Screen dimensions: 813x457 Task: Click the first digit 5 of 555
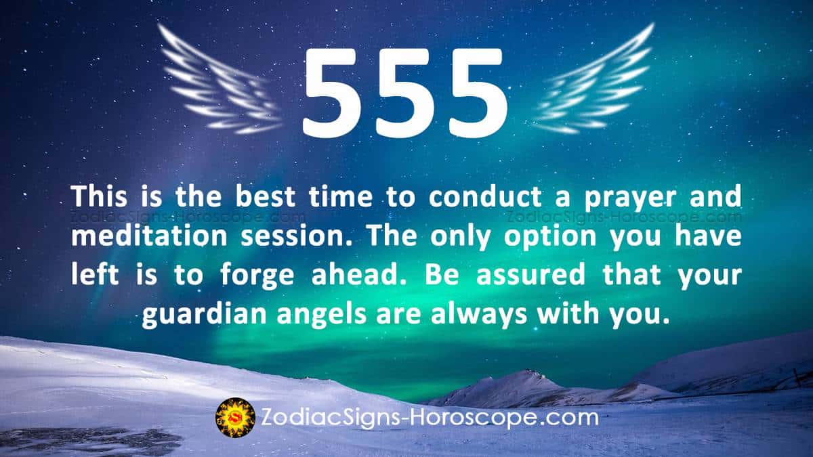[332, 93]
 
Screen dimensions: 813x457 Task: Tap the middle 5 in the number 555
[405, 93]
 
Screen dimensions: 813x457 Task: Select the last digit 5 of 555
[478, 93]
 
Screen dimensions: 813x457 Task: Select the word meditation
[149, 236]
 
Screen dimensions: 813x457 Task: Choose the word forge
[257, 276]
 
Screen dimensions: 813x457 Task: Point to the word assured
[530, 276]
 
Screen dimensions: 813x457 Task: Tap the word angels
[322, 315]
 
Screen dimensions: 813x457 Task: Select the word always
[478, 315]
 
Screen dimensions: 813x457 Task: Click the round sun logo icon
[235, 418]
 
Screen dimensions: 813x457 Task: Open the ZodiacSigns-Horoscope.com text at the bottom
[430, 418]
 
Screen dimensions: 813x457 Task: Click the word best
[265, 197]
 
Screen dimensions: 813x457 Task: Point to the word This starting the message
[99, 197]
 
